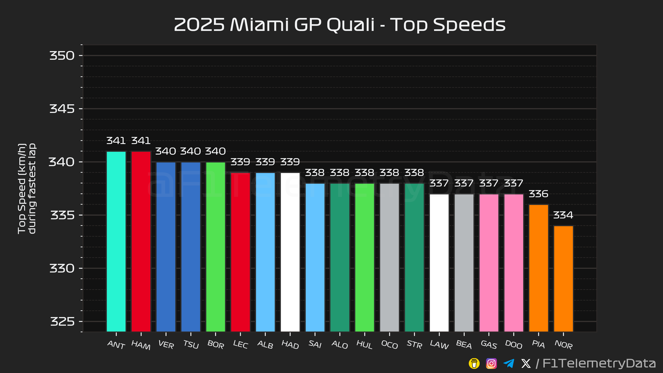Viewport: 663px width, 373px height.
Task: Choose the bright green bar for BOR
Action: (x=215, y=247)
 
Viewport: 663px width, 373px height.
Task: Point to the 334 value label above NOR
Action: (x=563, y=215)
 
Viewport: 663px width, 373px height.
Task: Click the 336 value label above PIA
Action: (x=539, y=194)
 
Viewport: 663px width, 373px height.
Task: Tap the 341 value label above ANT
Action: (x=116, y=141)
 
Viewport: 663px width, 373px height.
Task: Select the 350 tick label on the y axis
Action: (x=62, y=56)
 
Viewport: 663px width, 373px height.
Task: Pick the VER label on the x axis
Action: (x=166, y=345)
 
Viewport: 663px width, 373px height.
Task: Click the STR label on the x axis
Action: (x=414, y=345)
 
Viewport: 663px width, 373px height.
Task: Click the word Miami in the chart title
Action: (x=259, y=25)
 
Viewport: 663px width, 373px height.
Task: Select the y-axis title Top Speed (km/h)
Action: (x=22, y=188)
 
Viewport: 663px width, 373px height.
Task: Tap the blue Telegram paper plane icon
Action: (x=509, y=364)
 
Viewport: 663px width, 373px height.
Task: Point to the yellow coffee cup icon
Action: (x=474, y=364)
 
